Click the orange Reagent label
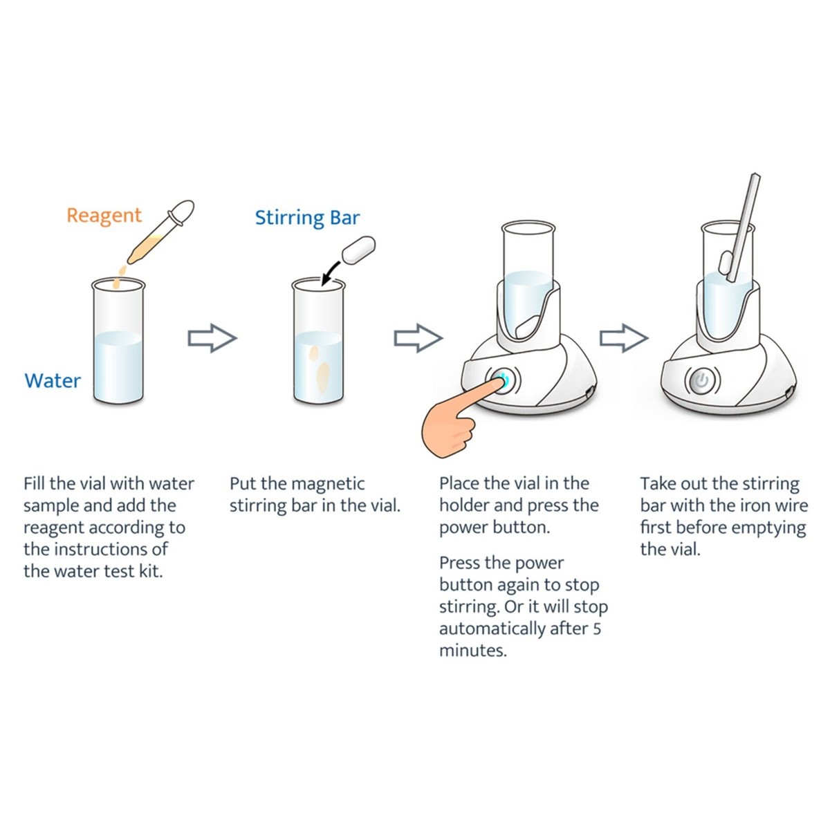[x=104, y=216]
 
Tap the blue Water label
[x=53, y=381]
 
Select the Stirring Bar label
[x=307, y=218]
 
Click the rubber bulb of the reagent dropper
[x=181, y=212]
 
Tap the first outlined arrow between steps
[x=212, y=338]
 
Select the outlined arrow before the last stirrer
[x=624, y=338]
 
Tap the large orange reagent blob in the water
[x=322, y=376]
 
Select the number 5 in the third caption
[x=596, y=628]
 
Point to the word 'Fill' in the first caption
[x=35, y=483]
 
